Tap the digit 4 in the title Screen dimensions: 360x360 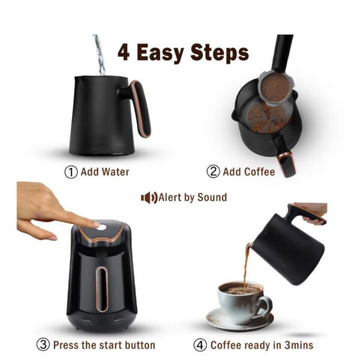pos(124,52)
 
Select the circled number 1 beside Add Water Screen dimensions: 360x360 pos(71,172)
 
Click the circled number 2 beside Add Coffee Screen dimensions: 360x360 pos(213,172)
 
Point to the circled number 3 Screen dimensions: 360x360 pos(43,345)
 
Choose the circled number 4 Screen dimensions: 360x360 pos(200,345)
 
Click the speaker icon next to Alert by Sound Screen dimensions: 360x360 pos(149,197)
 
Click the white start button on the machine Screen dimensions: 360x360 pos(101,227)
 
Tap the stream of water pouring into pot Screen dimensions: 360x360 pos(100,55)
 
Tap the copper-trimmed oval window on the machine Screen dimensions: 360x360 pos(102,289)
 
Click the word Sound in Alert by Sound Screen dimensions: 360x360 pos(212,197)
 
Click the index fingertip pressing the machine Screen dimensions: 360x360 pos(96,224)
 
